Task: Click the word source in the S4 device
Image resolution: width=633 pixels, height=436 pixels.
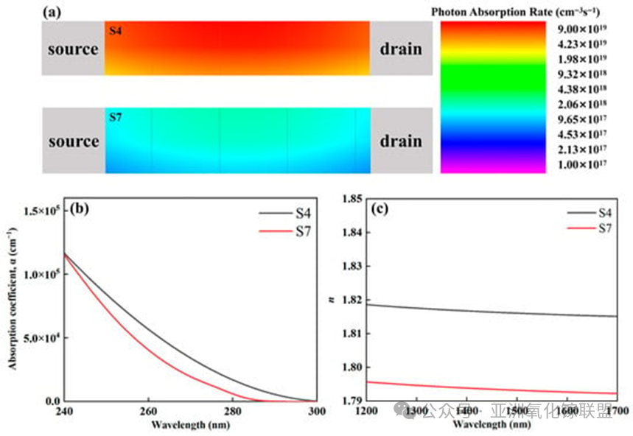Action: [73, 49]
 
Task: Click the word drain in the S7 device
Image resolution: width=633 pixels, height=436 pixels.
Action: [401, 141]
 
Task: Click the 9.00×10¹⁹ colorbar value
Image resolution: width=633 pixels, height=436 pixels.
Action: [578, 29]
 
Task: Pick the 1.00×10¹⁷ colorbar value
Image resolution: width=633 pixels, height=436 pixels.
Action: [578, 164]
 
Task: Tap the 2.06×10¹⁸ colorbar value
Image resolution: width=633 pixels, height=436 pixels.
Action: [578, 104]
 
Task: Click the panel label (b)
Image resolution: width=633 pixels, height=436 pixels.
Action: [78, 208]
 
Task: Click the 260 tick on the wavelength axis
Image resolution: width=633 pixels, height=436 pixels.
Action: [149, 412]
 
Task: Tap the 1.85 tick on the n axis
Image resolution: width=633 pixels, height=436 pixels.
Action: [354, 199]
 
